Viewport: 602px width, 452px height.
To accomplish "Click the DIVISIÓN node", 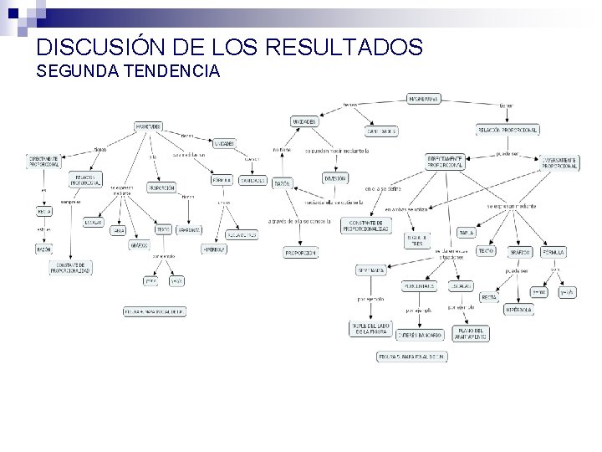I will click(x=335, y=177).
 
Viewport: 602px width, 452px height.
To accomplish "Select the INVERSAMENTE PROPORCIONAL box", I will click(x=559, y=162).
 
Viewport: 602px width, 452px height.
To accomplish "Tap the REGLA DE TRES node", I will click(x=417, y=240).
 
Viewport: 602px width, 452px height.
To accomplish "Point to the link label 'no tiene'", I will click(x=282, y=150).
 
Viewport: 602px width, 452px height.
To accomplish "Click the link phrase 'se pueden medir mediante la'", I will click(x=329, y=152).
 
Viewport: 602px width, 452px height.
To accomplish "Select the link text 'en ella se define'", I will click(x=382, y=189).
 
